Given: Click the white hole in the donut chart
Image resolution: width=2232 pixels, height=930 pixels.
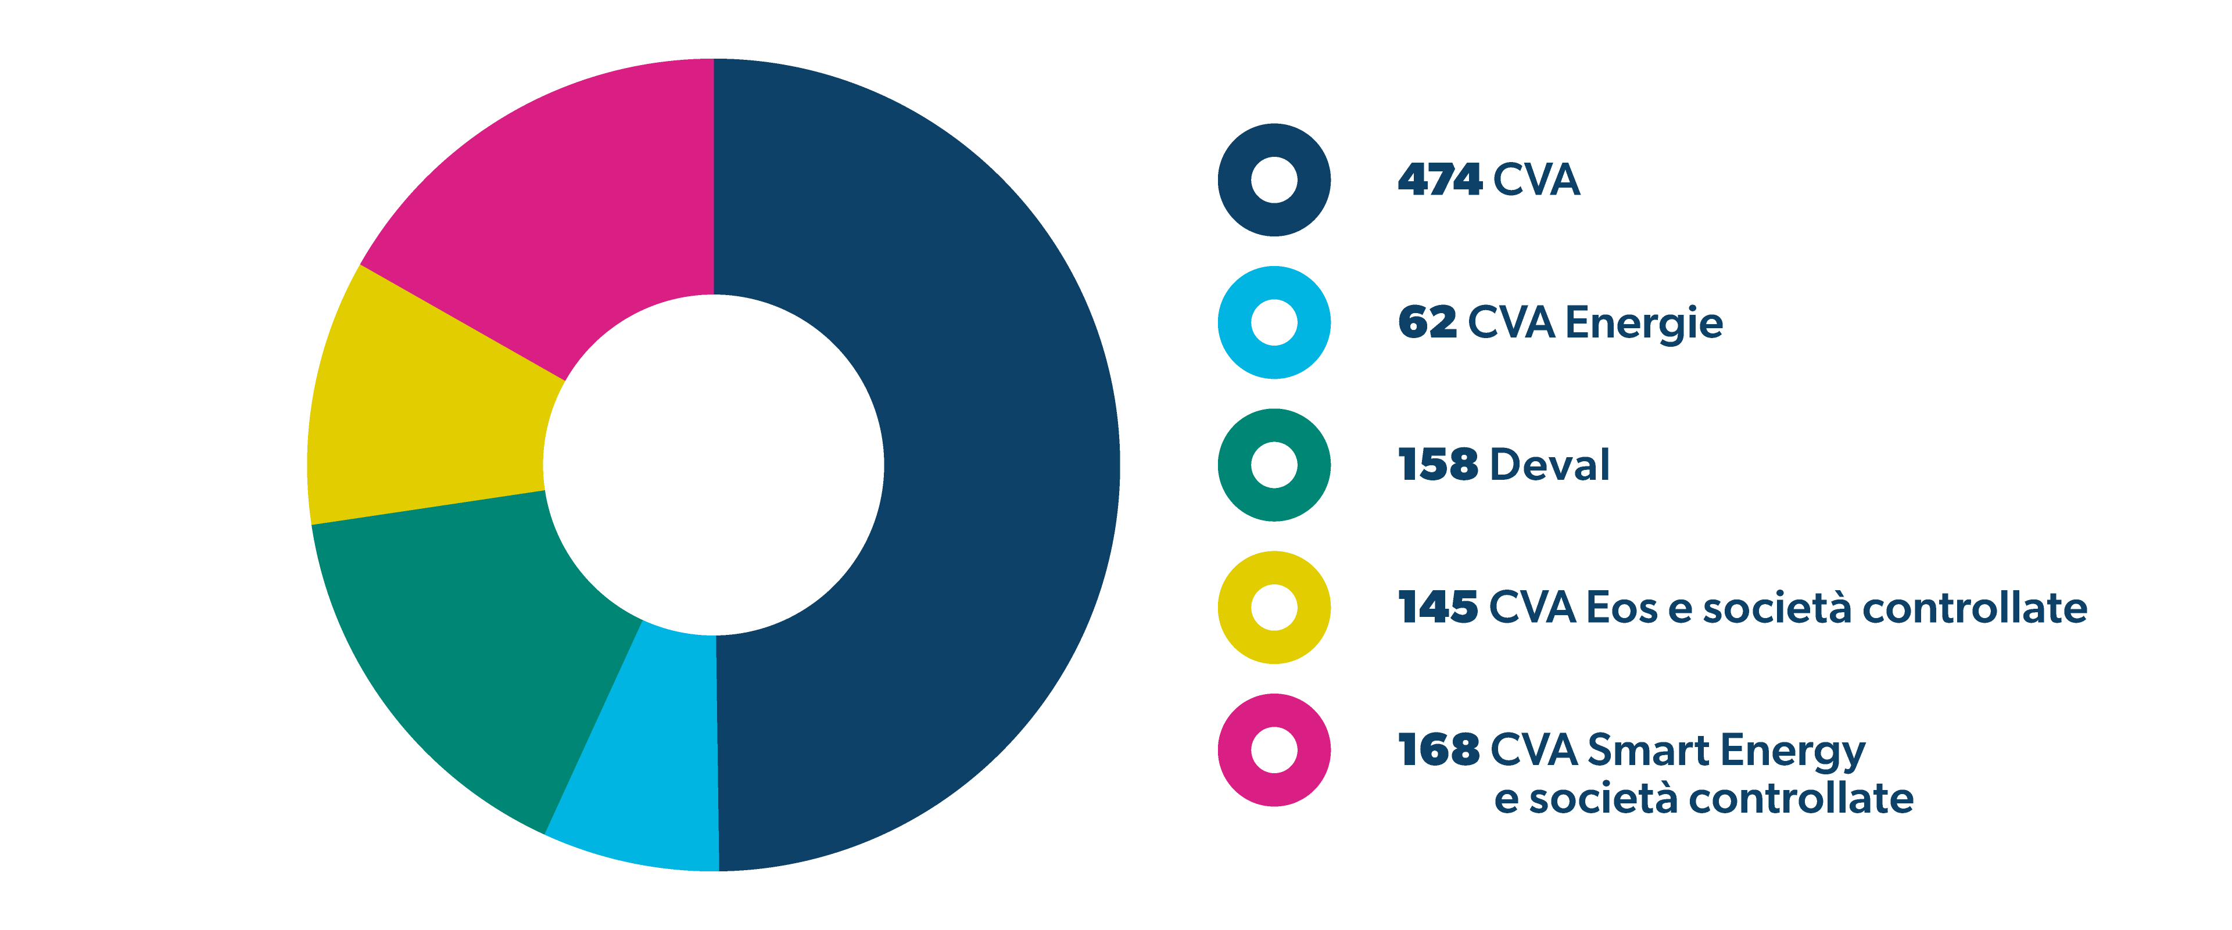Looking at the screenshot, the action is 713,465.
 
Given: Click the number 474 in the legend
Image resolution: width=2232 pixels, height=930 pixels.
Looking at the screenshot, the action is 1440,180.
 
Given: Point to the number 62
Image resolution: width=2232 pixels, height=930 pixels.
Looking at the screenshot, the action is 1427,323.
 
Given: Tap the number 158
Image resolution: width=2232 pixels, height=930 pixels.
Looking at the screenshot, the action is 1438,465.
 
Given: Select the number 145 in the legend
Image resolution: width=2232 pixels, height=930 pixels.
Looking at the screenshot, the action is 1438,608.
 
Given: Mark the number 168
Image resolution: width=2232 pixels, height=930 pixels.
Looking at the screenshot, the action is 1438,750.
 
